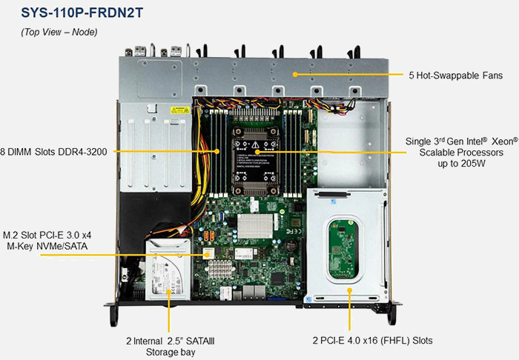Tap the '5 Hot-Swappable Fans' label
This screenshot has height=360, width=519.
[455, 76]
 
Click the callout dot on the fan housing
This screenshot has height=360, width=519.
[294, 75]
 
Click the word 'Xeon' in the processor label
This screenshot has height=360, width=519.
[486, 141]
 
